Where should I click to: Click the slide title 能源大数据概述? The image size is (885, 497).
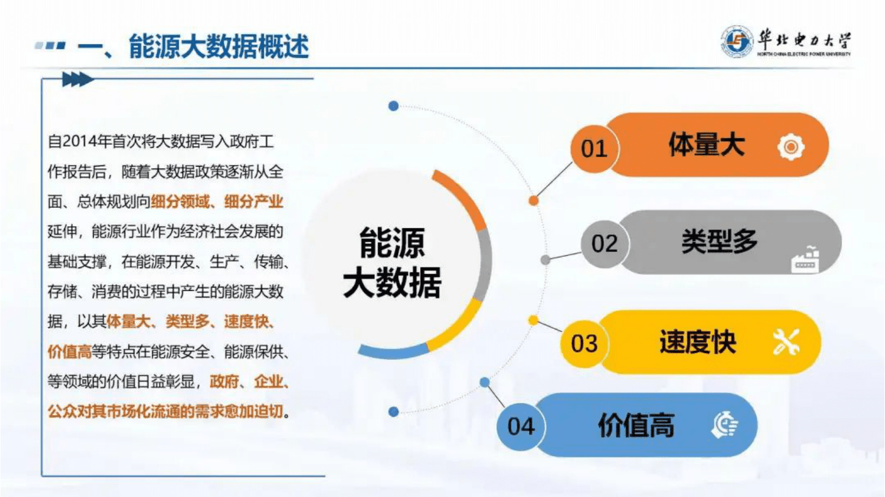point(218,46)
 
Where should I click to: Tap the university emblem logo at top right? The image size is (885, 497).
point(736,41)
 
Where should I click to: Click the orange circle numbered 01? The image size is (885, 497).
point(593,149)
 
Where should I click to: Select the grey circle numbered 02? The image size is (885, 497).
point(604,243)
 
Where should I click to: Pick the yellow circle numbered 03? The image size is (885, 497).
point(584,343)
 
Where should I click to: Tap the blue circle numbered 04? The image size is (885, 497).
point(521,426)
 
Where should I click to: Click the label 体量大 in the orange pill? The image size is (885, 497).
point(707,145)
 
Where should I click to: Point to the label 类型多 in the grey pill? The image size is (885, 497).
point(719,242)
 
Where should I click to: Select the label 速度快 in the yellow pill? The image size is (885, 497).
point(698,342)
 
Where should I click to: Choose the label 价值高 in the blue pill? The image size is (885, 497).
point(636,426)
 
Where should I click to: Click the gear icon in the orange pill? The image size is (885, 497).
point(791,147)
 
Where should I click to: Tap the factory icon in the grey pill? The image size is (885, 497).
point(805,260)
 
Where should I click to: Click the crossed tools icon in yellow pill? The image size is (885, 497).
point(786,342)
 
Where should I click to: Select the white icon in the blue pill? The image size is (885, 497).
point(725,425)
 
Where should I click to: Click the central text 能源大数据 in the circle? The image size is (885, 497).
point(391,262)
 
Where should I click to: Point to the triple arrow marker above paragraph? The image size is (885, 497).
point(77,80)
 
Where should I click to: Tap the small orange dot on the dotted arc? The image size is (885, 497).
point(534,201)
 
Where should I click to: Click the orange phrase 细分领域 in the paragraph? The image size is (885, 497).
point(180,202)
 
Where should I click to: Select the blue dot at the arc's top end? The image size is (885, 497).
point(393,106)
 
